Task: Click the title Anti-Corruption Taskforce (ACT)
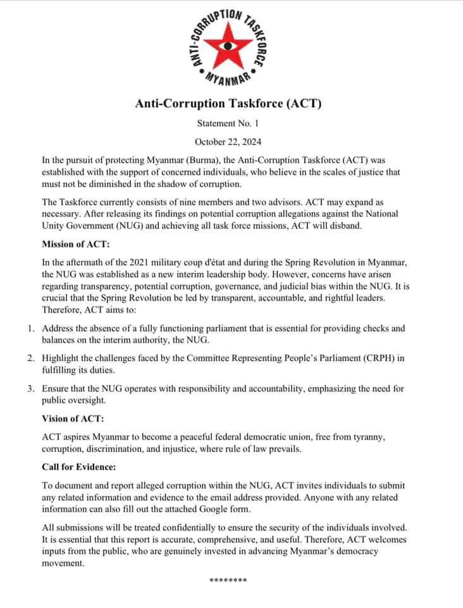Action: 228,104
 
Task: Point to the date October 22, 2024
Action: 228,142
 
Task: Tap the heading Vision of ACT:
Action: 73,419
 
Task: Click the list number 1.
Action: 30,329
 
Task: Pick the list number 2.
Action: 30,358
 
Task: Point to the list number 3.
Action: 30,388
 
